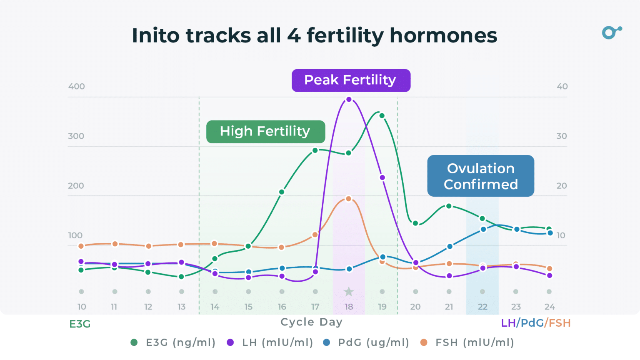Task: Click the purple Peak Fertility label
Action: point(351,80)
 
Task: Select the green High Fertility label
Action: point(265,132)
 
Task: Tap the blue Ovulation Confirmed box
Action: point(480,176)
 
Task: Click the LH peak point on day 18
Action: point(349,100)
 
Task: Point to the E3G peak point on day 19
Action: point(382,116)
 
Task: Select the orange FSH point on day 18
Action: point(349,199)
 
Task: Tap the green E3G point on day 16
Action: point(282,192)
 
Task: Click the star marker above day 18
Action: point(349,292)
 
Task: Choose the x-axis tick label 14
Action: point(215,307)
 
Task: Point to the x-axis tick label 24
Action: point(550,307)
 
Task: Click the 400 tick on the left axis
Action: point(76,87)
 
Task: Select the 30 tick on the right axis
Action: point(562,136)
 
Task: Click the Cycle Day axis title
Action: point(311,322)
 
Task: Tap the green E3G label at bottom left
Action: point(80,324)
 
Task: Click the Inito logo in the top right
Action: point(612,32)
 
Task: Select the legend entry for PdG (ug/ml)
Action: point(366,342)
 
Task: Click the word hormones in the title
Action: point(443,36)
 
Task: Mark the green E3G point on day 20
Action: point(415,223)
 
